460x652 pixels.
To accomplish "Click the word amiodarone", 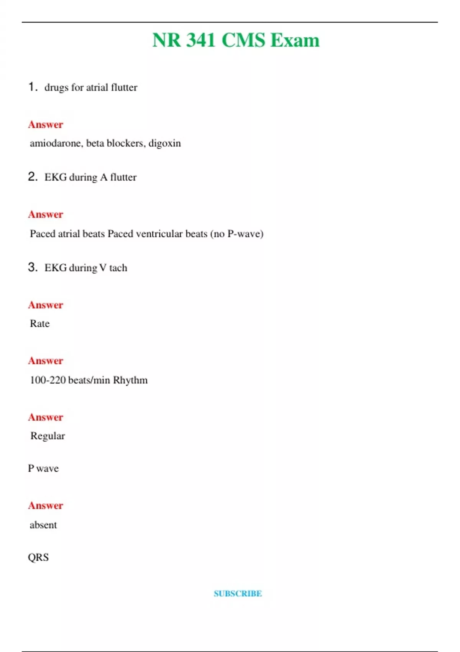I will tap(56, 143).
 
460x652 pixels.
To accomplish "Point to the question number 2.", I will tap(33, 176).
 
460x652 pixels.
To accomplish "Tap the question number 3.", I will tap(33, 267).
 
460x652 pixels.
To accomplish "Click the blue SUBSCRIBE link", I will tap(238, 594).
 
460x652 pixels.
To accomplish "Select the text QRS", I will tap(38, 557).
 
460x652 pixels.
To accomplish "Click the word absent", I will tap(43, 525).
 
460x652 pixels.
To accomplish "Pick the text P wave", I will tap(43, 468).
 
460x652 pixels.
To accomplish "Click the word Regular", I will tap(48, 436).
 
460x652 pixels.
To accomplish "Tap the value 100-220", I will tap(48, 380).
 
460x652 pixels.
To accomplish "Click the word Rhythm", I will tap(130, 380).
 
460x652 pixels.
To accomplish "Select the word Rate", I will tap(40, 324).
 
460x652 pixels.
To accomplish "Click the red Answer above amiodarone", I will tap(45, 125).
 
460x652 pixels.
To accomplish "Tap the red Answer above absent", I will tap(45, 505).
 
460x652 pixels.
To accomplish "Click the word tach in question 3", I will tap(118, 268).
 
